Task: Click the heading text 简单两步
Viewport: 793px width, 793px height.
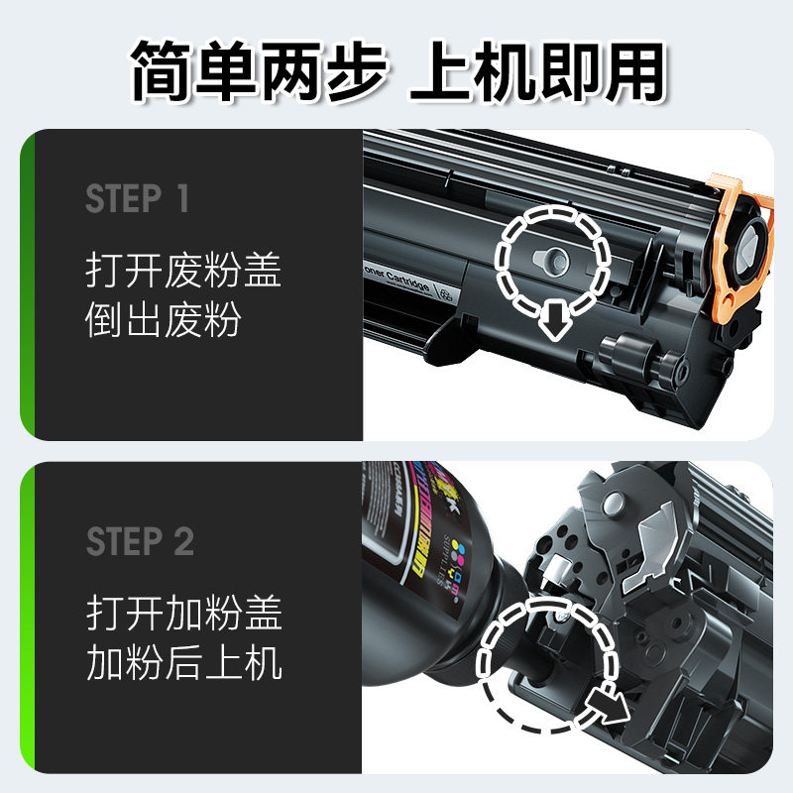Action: [260, 69]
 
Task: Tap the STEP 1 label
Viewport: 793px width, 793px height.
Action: [137, 199]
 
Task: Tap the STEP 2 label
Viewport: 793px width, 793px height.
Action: [140, 542]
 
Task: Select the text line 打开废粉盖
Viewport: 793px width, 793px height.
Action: [184, 271]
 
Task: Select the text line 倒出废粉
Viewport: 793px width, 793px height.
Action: [164, 321]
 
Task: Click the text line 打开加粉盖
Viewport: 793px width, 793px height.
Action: [184, 614]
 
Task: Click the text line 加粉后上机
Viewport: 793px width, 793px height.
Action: [184, 663]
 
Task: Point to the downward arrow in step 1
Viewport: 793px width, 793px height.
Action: [551, 317]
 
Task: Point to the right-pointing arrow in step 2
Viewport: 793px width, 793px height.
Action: [605, 706]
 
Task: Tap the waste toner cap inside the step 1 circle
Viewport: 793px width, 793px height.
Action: [550, 258]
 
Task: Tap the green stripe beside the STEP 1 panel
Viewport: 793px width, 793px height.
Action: [28, 284]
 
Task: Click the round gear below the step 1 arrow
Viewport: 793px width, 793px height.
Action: [624, 351]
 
